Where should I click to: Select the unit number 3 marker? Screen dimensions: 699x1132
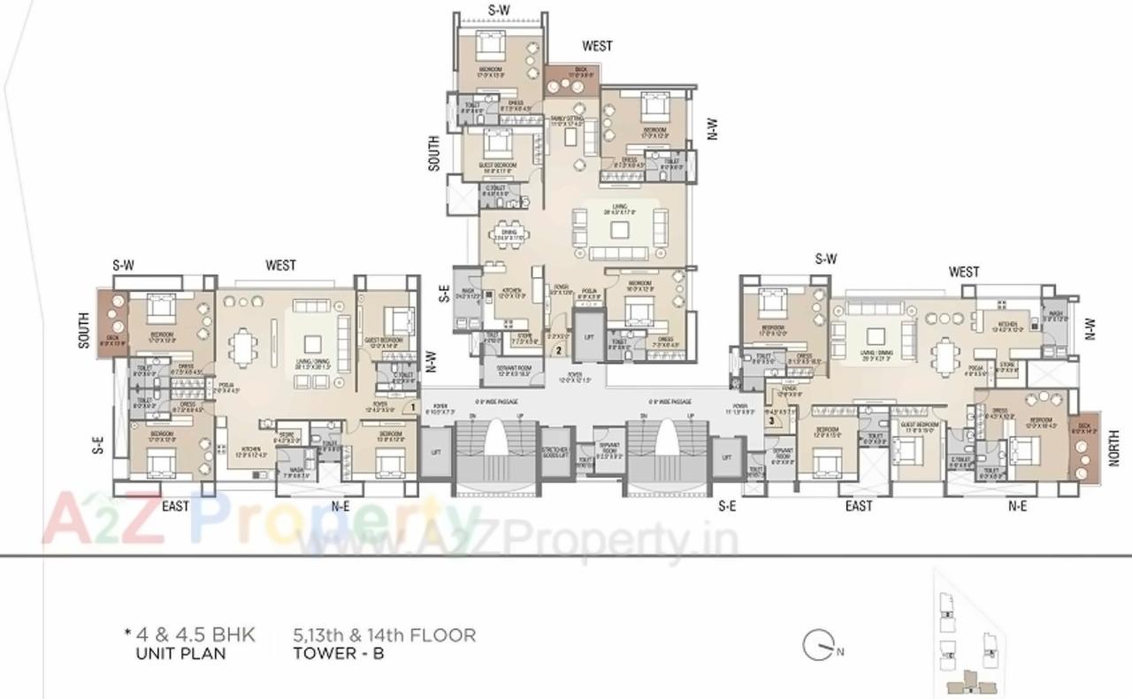tap(772, 421)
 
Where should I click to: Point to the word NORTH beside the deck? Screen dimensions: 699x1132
tap(1113, 447)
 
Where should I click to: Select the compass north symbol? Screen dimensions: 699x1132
tap(820, 646)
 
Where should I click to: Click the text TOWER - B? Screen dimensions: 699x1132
tap(339, 655)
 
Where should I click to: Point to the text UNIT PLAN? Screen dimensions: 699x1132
tap(180, 655)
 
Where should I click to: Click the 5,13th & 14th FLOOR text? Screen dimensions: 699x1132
tap(385, 634)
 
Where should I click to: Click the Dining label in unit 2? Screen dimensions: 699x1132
tap(508, 234)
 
